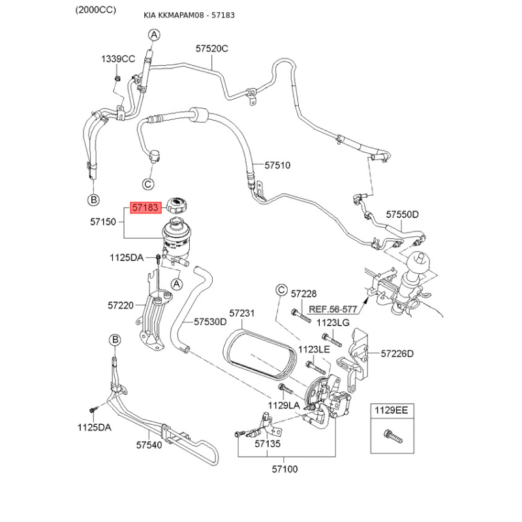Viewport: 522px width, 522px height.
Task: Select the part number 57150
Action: coord(102,223)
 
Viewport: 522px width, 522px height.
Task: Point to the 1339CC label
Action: coord(117,59)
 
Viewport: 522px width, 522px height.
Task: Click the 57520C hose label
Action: coord(212,48)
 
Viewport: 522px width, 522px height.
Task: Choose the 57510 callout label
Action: coord(277,166)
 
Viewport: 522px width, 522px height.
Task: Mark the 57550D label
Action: coord(402,214)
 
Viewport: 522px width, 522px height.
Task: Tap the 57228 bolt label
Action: coord(303,294)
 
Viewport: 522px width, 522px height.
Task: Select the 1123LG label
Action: coord(333,323)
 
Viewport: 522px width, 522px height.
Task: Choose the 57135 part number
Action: coord(268,444)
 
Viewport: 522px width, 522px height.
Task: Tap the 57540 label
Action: coord(149,445)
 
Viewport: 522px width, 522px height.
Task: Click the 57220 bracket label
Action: coord(121,305)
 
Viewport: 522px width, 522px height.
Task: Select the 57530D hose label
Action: coord(210,322)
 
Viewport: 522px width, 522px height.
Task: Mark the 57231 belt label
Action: coord(241,314)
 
